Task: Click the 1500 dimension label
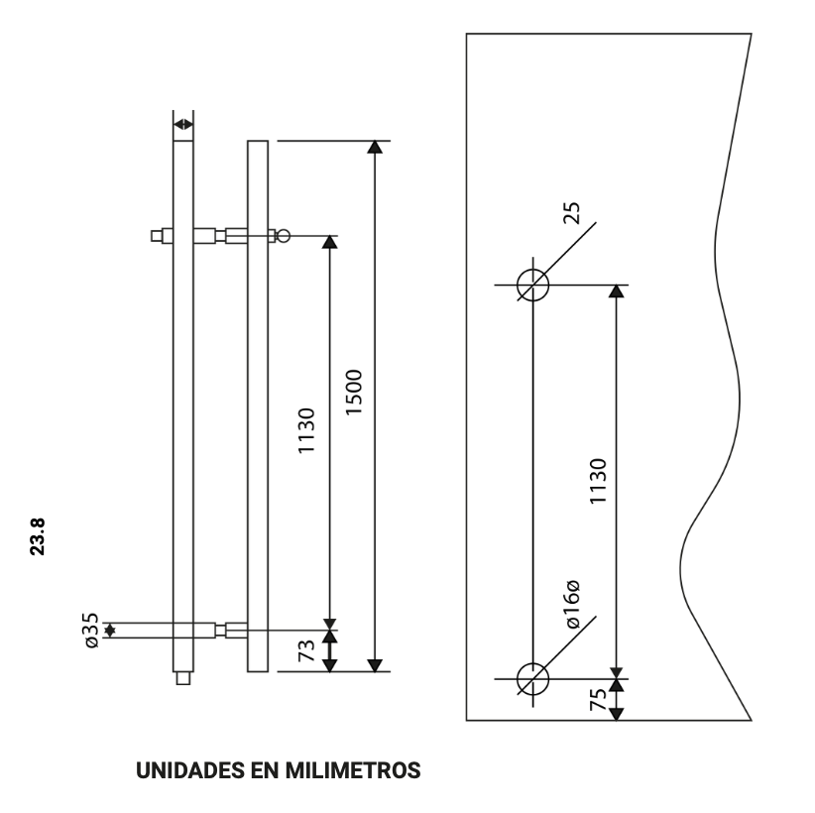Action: tap(357, 395)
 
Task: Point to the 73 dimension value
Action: tap(307, 651)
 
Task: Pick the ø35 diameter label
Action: tap(90, 631)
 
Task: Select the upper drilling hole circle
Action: tap(533, 285)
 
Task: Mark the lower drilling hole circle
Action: tap(533, 678)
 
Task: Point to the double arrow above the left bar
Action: tap(183, 124)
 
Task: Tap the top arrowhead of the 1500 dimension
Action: tap(374, 148)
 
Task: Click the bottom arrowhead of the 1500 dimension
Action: tap(374, 663)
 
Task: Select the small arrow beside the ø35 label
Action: tap(110, 631)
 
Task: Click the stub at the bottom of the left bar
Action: tap(182, 679)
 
